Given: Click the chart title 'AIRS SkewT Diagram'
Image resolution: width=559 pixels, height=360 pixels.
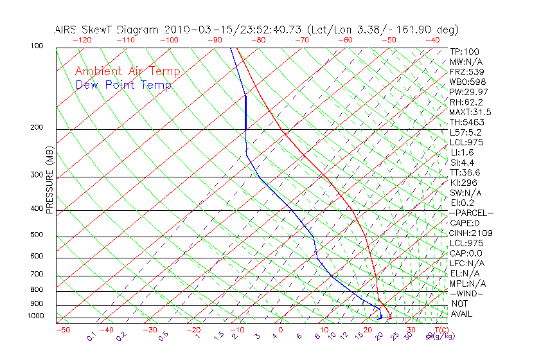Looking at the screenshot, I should coord(107,30).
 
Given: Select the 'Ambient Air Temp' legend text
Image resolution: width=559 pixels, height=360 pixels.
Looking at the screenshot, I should coord(127,71).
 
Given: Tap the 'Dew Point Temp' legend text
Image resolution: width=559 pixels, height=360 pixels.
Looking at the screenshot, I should coord(123,85).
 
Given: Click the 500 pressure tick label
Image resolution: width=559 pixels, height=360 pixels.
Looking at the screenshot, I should coord(37,235).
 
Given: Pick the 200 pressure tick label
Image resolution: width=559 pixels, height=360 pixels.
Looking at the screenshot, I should coord(37,127).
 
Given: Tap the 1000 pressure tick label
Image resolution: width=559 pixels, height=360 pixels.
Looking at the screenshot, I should coord(36,316).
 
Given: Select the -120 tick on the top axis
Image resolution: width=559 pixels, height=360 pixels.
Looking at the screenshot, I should coord(82,40).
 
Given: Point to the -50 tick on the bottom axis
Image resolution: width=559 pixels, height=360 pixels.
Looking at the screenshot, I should coord(62,330).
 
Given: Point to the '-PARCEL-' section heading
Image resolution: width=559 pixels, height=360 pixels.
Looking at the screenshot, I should coord(471,213).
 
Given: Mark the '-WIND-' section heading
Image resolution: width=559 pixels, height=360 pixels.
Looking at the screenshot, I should coord(467,293).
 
